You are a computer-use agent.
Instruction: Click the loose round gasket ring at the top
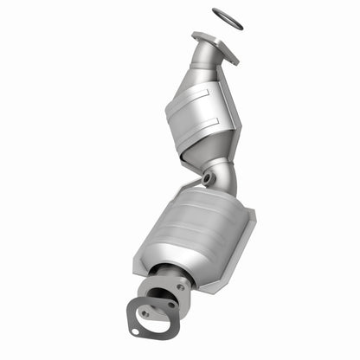[x=228, y=18]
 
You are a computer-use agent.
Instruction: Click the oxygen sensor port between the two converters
[x=209, y=177]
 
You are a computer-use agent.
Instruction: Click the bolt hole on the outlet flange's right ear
[x=181, y=287]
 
